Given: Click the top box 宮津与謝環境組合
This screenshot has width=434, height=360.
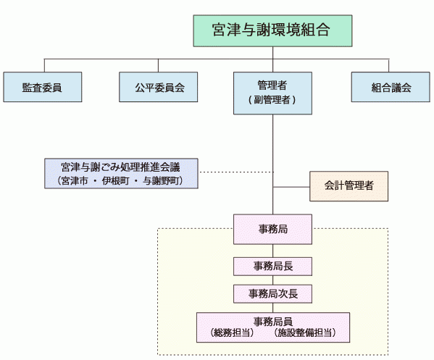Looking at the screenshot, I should click(x=272, y=30).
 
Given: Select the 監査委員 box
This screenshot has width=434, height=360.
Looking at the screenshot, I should click(x=41, y=87).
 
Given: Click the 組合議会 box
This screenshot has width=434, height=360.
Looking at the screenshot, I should click(x=391, y=87).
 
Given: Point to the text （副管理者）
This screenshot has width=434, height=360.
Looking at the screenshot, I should click(x=272, y=99).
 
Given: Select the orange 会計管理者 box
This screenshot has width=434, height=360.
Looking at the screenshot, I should click(x=349, y=186).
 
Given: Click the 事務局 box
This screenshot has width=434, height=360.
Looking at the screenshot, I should click(x=272, y=229).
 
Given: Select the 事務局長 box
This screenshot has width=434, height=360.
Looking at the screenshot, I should click(x=272, y=266).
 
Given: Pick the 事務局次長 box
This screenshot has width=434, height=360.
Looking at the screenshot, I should click(x=272, y=293).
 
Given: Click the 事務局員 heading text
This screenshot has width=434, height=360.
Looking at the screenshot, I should click(x=272, y=321).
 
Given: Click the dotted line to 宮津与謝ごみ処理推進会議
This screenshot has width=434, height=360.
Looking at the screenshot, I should click(x=235, y=172).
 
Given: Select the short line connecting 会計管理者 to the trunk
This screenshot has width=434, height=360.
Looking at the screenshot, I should click(x=291, y=187).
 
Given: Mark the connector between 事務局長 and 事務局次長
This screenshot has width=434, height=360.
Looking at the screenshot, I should click(x=272, y=280).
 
